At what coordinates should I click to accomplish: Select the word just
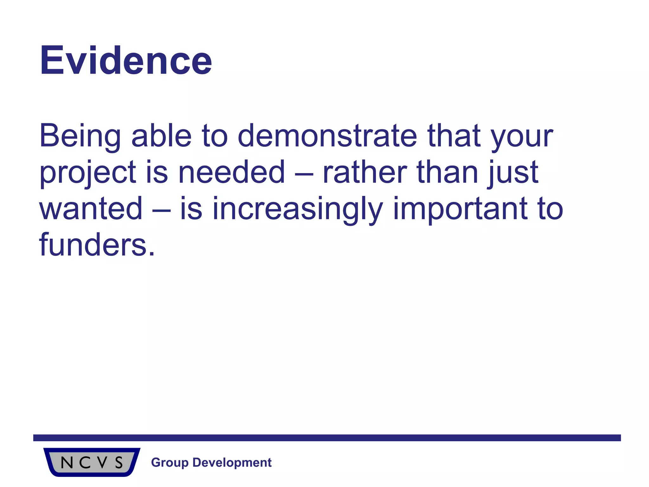coord(513,172)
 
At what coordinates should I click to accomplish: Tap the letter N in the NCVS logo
coord(67,463)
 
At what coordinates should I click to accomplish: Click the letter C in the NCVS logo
coord(85,463)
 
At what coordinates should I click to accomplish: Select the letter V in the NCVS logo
coord(102,463)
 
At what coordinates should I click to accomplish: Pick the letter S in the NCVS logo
coord(119,463)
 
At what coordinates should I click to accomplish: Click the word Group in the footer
coord(170,463)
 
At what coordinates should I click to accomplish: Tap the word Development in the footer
coord(232,463)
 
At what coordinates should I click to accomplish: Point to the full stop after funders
coord(152,254)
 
